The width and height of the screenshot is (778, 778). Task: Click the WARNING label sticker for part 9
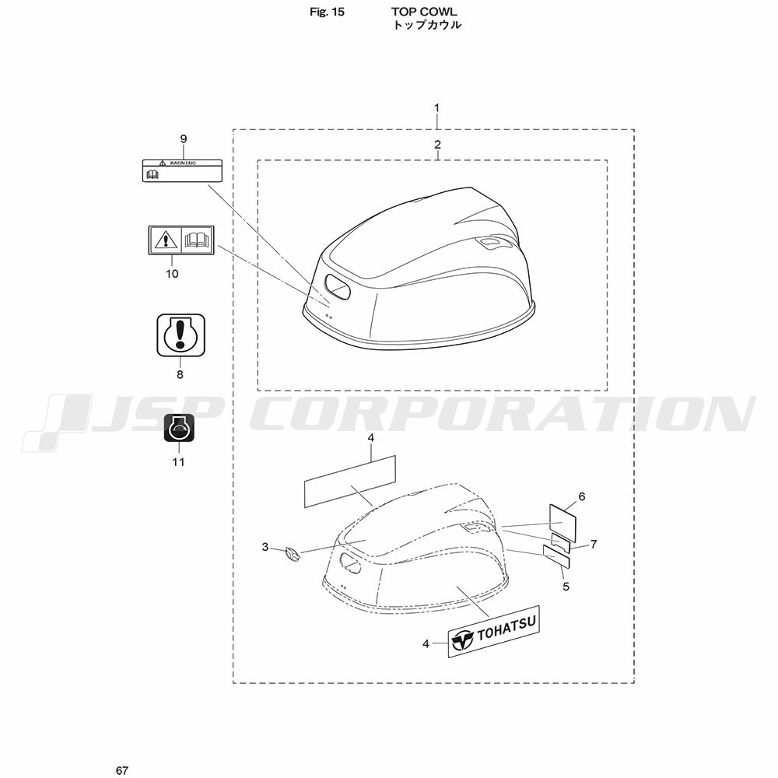182,170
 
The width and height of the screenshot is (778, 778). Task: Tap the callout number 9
184,139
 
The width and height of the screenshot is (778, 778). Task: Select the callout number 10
172,274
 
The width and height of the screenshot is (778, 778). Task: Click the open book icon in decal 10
198,240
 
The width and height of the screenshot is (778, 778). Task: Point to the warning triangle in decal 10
165,240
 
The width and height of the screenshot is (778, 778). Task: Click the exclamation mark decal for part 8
181,335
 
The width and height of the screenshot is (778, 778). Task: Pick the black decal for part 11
179,428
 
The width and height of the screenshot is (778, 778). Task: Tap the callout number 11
179,462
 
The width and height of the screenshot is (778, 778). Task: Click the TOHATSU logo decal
494,632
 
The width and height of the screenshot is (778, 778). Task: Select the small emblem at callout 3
293,554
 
